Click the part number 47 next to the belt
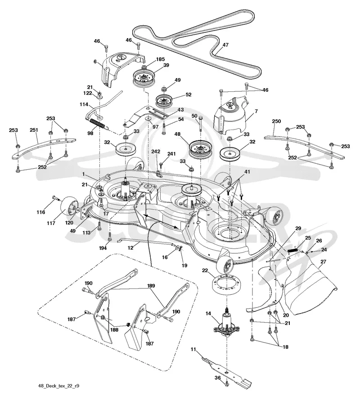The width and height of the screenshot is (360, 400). [x=225, y=45]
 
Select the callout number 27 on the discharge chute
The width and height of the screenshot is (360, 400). [x=323, y=262]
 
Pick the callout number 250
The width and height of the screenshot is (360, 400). [x=276, y=121]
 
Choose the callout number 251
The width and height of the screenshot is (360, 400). [x=34, y=130]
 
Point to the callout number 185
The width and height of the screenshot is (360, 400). [x=161, y=59]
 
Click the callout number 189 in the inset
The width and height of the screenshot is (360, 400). [x=151, y=286]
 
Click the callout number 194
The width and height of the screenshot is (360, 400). [x=103, y=248]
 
